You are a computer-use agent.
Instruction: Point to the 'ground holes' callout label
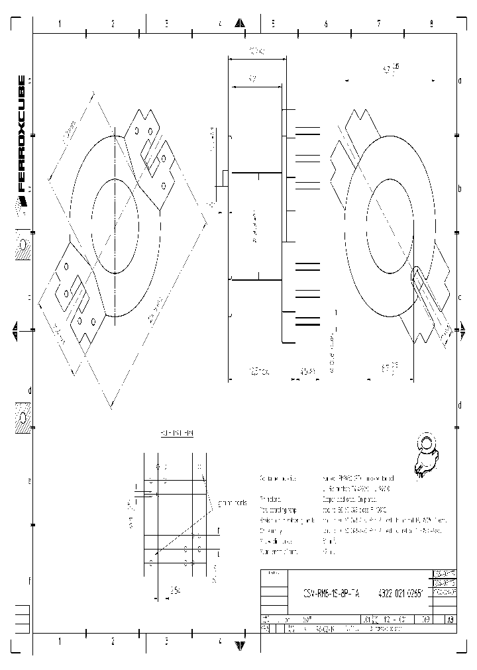[232, 502]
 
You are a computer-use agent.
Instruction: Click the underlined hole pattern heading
[176, 433]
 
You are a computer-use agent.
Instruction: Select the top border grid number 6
[325, 24]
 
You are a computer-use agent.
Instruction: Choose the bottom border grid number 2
[113, 642]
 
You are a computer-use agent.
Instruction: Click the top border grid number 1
[60, 24]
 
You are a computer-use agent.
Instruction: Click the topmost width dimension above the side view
[257, 51]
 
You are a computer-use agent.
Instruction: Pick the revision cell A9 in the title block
[450, 620]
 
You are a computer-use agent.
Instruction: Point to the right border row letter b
[460, 188]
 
